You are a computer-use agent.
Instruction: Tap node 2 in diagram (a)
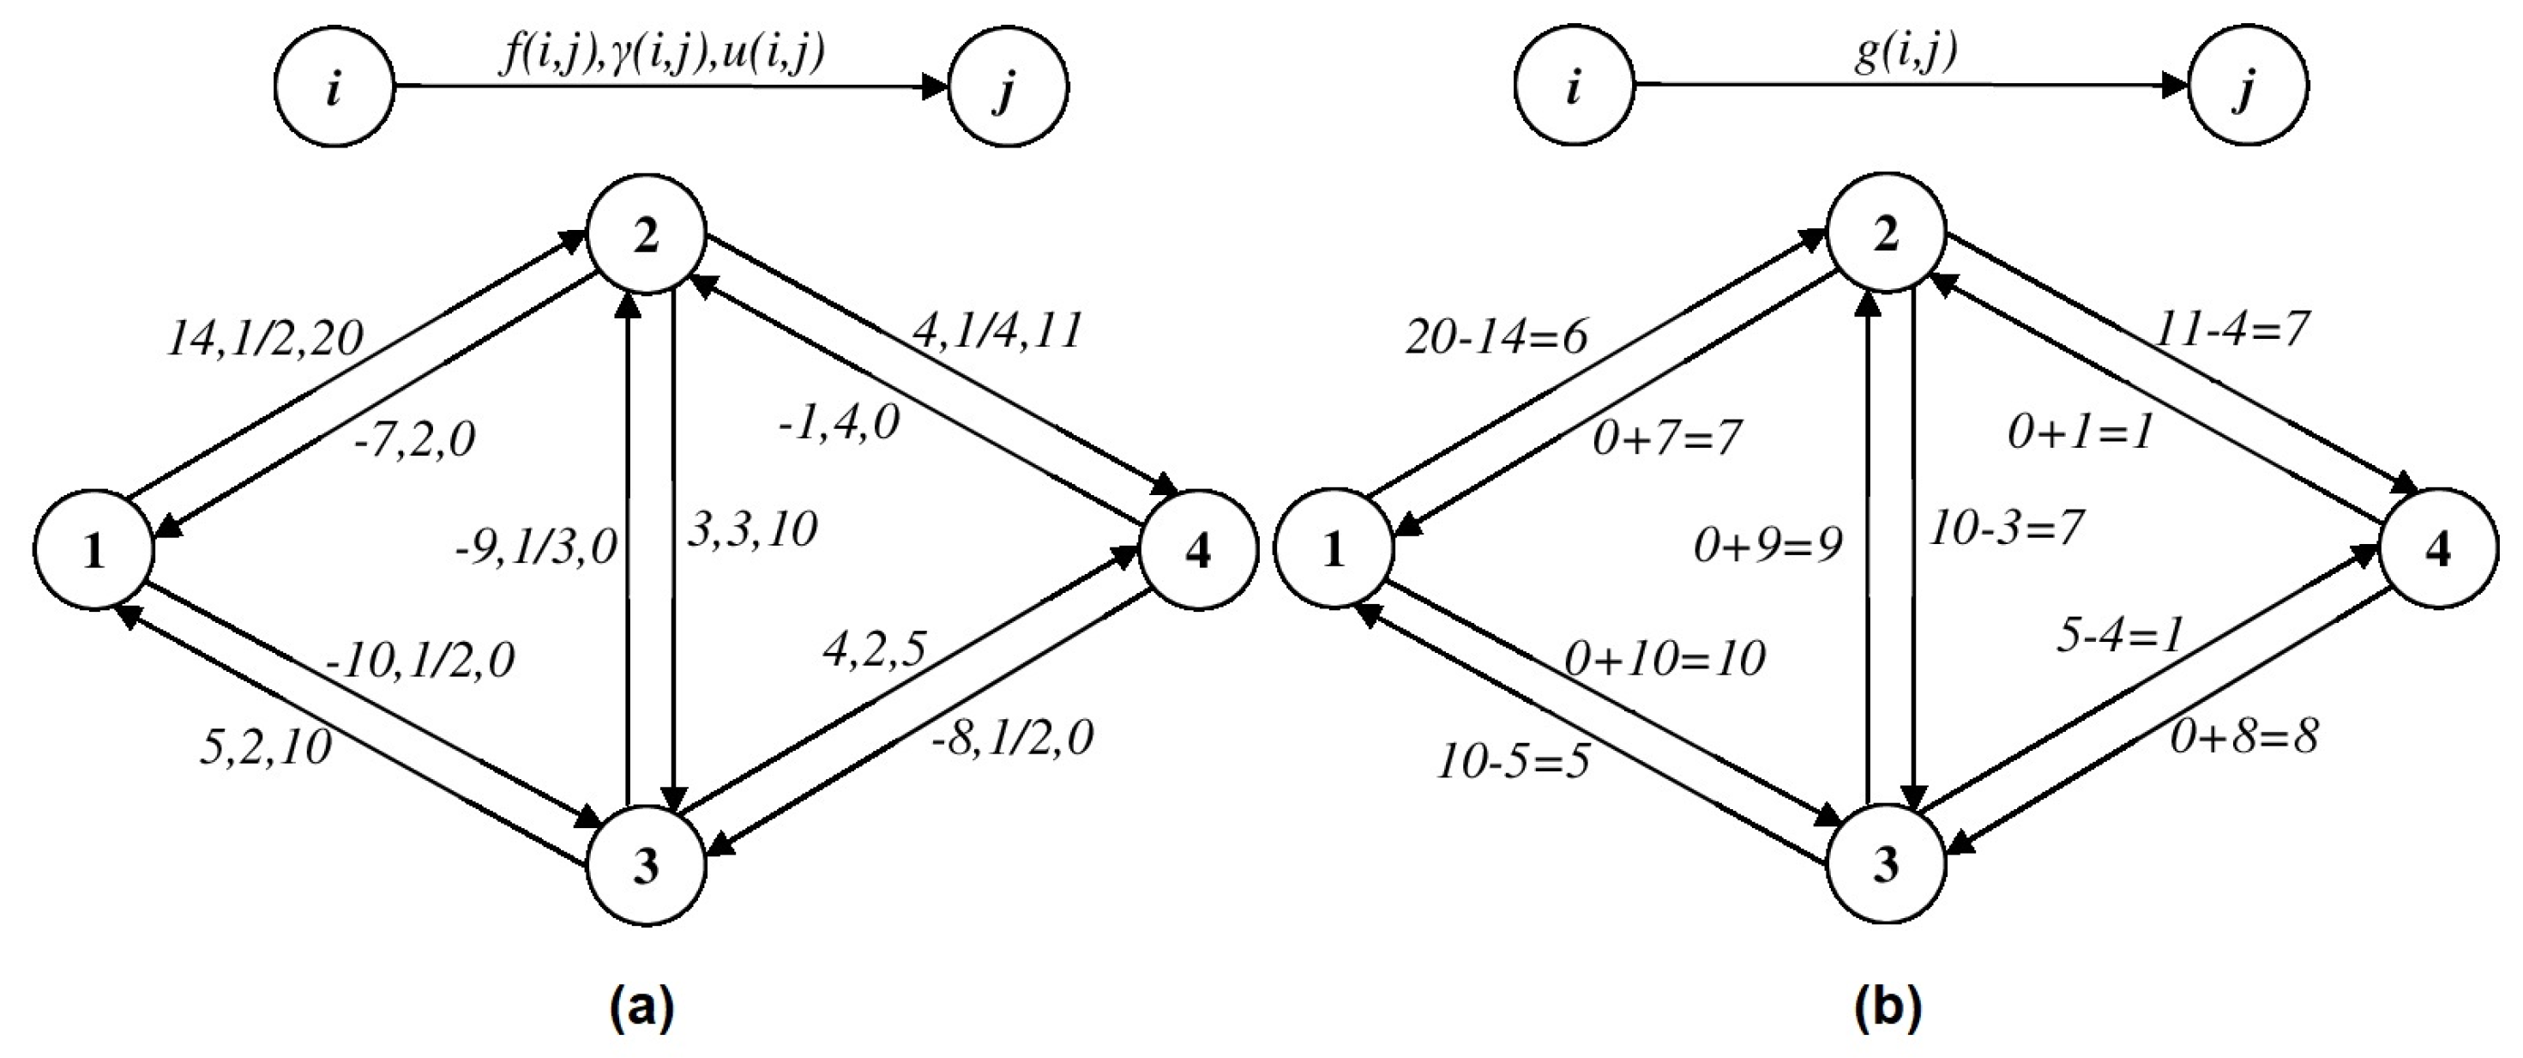(646, 235)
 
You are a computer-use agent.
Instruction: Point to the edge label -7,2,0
(414, 440)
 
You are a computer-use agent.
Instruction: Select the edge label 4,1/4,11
(997, 331)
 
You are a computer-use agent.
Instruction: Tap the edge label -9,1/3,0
(536, 547)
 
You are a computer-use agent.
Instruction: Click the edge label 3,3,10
(752, 530)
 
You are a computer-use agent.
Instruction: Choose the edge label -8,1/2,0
(1012, 738)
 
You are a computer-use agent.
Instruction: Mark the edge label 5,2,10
(264, 748)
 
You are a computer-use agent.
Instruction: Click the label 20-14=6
(1496, 338)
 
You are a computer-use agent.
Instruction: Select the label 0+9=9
(1767, 546)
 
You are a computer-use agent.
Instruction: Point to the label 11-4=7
(2231, 329)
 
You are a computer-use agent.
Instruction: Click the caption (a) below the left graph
(642, 1009)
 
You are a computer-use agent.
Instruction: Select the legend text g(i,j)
(1905, 54)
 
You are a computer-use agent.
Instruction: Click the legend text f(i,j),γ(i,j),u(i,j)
(661, 54)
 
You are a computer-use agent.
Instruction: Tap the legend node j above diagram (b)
(2248, 88)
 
